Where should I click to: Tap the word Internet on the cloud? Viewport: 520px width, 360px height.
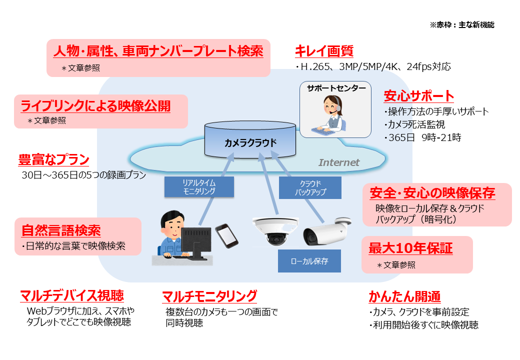339,162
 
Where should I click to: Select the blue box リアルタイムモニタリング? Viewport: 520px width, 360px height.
199,187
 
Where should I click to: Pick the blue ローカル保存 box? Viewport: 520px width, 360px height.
309,261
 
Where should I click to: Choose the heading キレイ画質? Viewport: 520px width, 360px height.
324,51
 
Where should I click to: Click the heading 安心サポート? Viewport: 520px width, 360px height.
419,96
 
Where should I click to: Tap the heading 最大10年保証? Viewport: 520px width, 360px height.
410,248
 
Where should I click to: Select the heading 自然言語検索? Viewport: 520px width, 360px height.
61,230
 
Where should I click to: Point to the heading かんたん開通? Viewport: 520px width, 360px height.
404,296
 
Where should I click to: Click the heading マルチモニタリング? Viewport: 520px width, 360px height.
209,296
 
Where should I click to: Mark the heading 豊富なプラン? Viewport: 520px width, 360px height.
53,160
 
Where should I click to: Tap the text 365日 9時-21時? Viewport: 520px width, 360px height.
422,137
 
